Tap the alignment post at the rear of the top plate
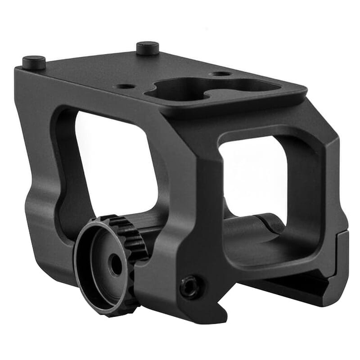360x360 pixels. [148, 47]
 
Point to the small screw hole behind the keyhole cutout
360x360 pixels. [221, 73]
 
